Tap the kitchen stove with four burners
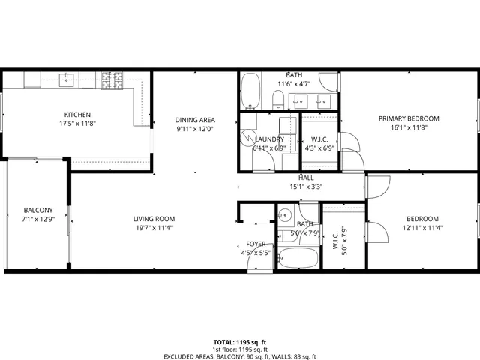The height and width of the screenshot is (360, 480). coord(112,77)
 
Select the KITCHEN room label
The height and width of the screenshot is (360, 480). coord(77,115)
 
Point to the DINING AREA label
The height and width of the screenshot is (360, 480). coord(195,120)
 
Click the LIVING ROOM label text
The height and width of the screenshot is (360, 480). coord(154,219)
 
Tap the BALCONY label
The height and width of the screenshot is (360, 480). coord(37,210)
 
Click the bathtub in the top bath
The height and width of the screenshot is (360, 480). coord(250,91)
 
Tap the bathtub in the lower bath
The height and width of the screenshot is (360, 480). coord(296,258)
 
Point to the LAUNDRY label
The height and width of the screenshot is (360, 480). coord(269,139)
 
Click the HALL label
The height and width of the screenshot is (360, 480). coord(306,178)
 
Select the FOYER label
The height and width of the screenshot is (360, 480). coord(256,244)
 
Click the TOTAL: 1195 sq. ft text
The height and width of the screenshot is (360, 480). coord(240,342)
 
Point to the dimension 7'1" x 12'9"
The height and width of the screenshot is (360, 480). coord(37,219)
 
